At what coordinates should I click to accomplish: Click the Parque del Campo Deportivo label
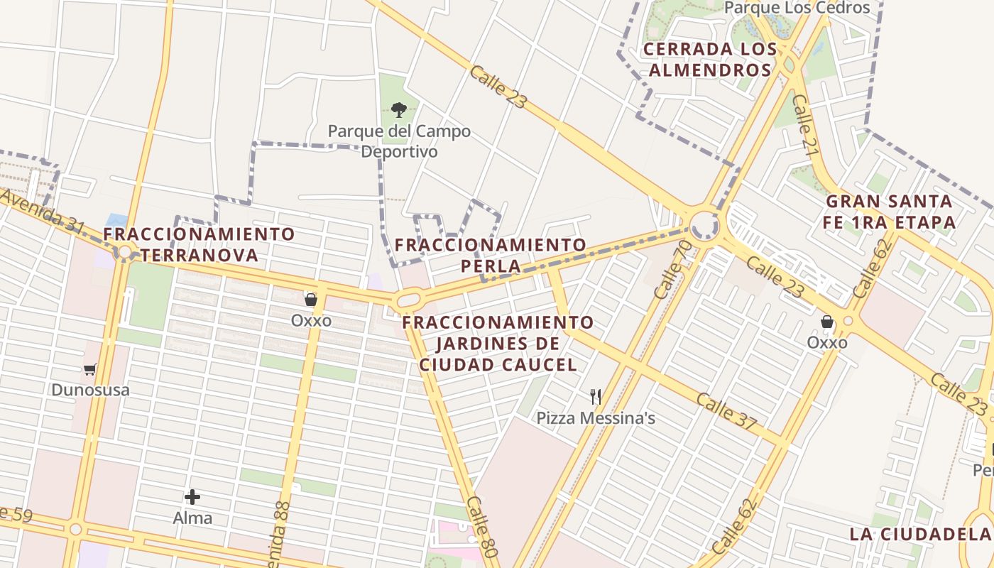pos(398,141)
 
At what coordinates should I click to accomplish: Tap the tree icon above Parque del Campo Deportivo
pos(399,110)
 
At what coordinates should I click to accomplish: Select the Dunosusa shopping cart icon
pos(90,369)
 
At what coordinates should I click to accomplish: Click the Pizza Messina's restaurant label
pos(595,418)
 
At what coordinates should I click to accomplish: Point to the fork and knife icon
pos(596,397)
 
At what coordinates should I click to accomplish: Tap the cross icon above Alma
pos(192,497)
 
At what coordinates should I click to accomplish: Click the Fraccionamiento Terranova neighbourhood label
pos(199,244)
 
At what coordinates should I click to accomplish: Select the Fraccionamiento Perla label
pos(491,256)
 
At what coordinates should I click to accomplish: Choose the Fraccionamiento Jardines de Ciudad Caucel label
pos(498,344)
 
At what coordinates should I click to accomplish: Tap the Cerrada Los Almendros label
pos(710,60)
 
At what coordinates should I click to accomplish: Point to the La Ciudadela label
pos(919,534)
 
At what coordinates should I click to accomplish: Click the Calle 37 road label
pos(726,411)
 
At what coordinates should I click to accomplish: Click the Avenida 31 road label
pos(44,216)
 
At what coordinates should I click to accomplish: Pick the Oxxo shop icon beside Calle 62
pos(827,322)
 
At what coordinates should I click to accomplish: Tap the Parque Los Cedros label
pos(797,8)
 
